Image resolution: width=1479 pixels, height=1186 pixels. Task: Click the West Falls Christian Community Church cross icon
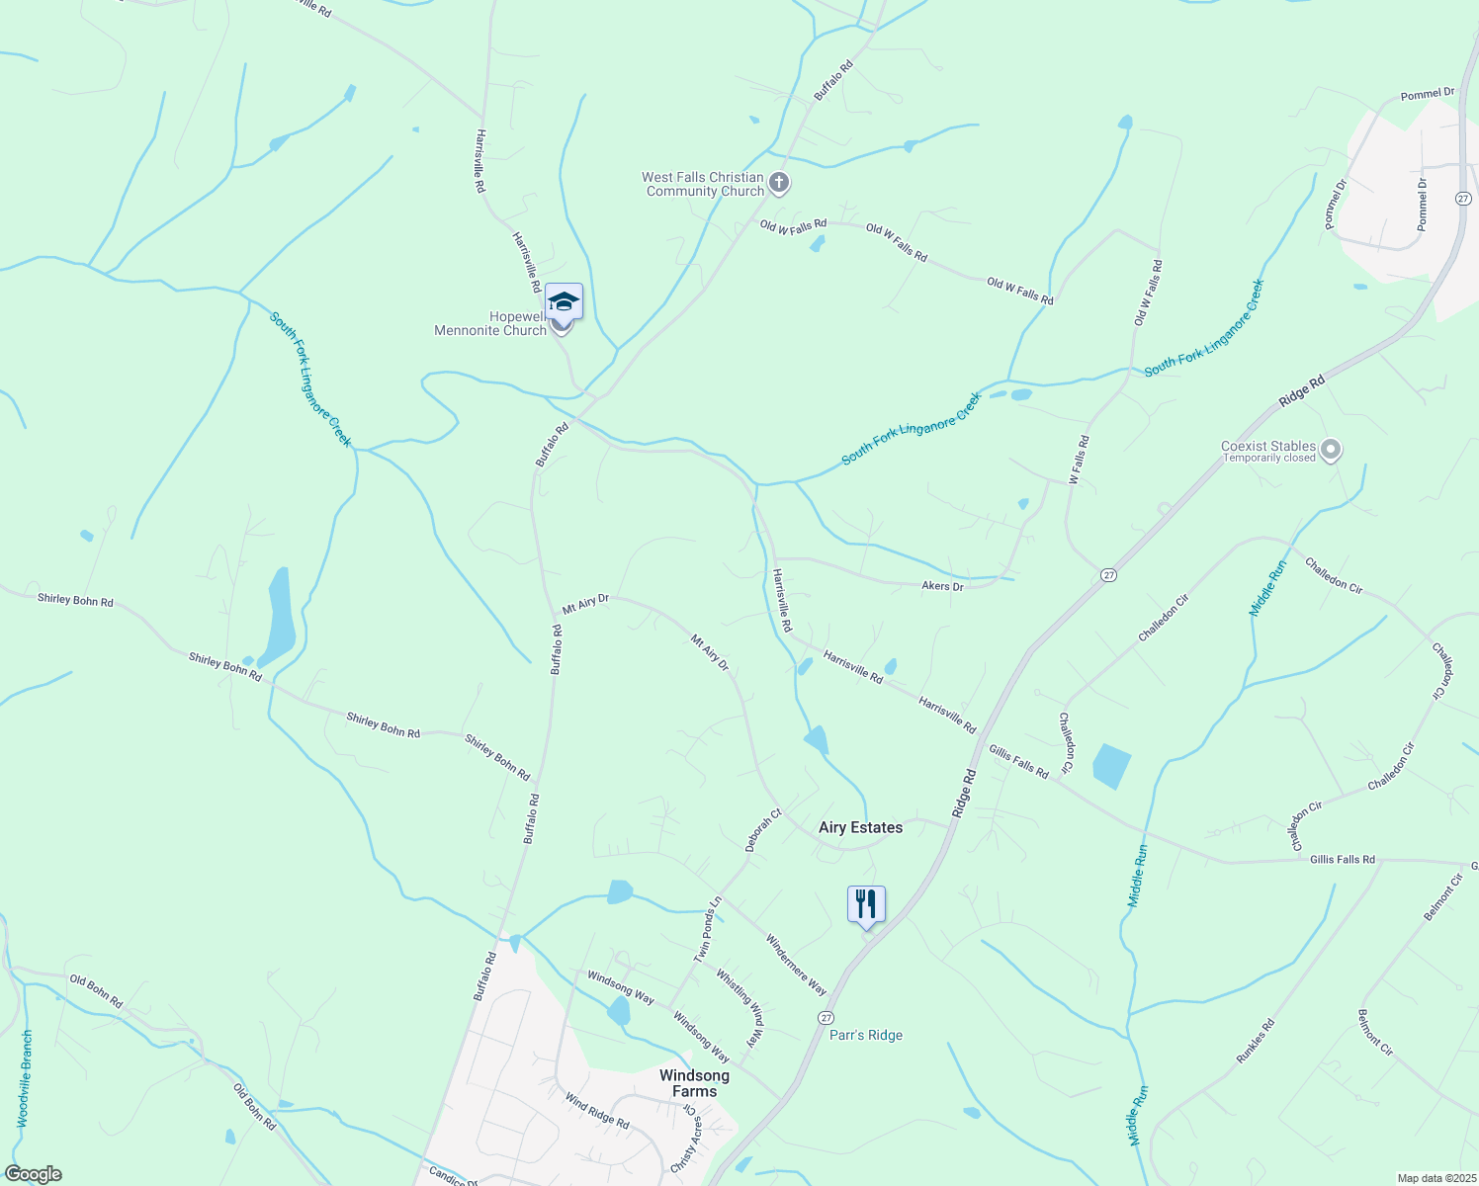click(x=779, y=183)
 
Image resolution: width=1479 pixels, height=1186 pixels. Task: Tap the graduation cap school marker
click(x=564, y=300)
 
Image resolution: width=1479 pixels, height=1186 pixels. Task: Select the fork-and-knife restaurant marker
click(x=865, y=903)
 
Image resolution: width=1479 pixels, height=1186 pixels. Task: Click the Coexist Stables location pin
click(x=1331, y=451)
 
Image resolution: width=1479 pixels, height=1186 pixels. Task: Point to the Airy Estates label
click(x=860, y=828)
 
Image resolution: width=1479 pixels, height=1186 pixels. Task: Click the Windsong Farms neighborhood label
click(x=694, y=1083)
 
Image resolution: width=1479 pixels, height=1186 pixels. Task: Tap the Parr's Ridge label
click(x=866, y=1035)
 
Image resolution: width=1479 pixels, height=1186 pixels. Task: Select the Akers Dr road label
click(x=942, y=586)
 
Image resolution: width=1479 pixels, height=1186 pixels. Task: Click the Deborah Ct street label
click(x=763, y=830)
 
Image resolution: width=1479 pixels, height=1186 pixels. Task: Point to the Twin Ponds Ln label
click(x=708, y=929)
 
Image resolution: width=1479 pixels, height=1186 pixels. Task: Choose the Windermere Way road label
click(x=796, y=965)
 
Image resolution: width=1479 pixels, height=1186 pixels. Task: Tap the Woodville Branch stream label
click(x=26, y=1078)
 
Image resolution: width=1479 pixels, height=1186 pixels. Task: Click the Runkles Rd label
click(x=1256, y=1042)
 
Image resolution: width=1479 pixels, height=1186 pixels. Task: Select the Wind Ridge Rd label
click(x=597, y=1111)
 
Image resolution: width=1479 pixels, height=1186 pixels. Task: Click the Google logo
click(x=33, y=1174)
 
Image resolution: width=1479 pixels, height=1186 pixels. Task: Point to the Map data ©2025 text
click(x=1435, y=1178)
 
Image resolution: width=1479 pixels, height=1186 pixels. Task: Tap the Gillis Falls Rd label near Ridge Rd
click(x=1018, y=762)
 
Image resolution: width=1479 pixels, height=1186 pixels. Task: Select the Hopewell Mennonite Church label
click(x=490, y=324)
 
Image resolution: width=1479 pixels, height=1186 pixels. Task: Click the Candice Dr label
click(x=453, y=1176)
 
